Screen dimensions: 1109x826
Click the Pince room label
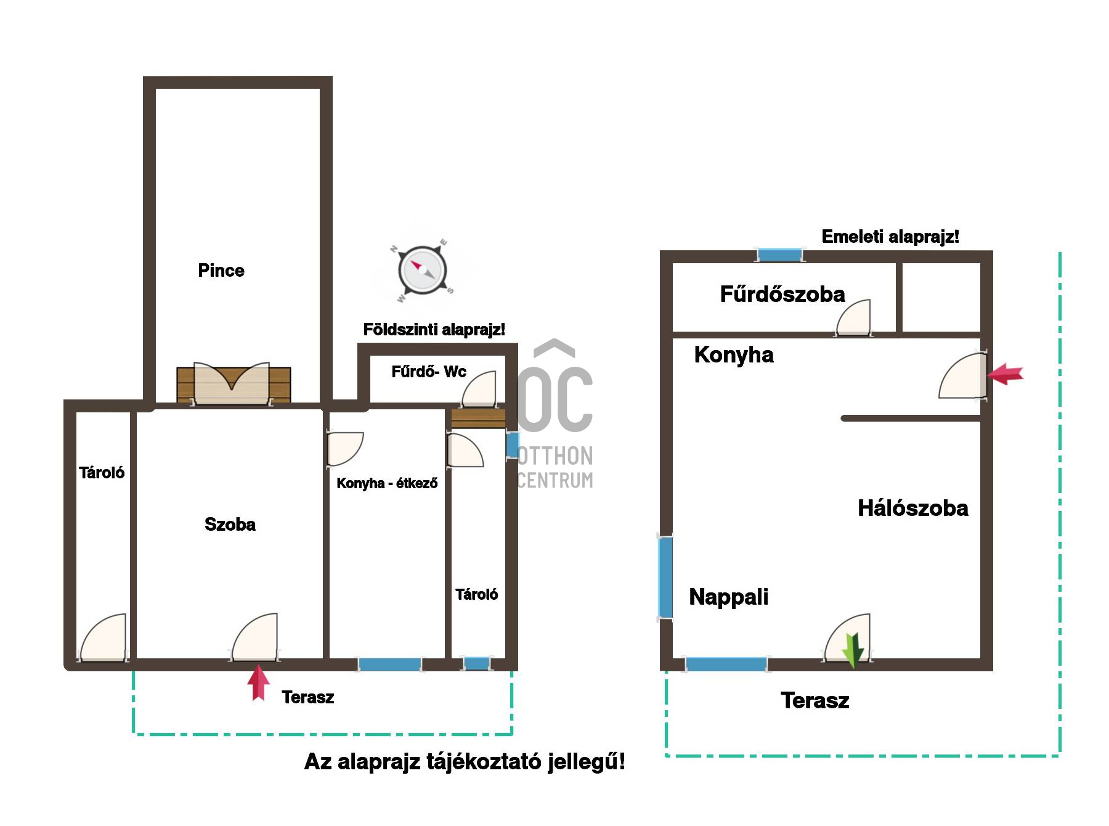pyautogui.click(x=221, y=271)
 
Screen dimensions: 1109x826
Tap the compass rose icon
pyautogui.click(x=422, y=271)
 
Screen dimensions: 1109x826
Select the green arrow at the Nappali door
pyautogui.click(x=853, y=650)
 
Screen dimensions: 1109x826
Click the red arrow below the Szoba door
pyautogui.click(x=259, y=682)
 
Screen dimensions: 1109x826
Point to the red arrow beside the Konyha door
pyautogui.click(x=1005, y=374)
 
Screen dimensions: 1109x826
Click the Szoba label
pyautogui.click(x=230, y=525)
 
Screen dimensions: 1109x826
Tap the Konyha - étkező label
pyautogui.click(x=387, y=483)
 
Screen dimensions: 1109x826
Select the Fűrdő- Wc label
pyautogui.click(x=429, y=372)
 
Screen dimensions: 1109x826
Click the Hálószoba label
pyautogui.click(x=913, y=509)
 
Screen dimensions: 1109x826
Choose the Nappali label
pyautogui.click(x=729, y=597)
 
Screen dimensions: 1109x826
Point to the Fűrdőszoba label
pyautogui.click(x=782, y=294)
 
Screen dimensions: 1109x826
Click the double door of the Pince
pyautogui.click(x=232, y=383)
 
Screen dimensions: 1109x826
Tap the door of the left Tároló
pyautogui.click(x=104, y=638)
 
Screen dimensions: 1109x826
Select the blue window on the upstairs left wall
pyautogui.click(x=665, y=577)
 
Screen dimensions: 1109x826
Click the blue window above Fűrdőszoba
pyautogui.click(x=780, y=255)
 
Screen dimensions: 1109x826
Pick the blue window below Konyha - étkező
pyautogui.click(x=390, y=664)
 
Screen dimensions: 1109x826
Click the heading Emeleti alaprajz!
pyautogui.click(x=890, y=237)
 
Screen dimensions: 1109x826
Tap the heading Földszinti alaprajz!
pyautogui.click(x=434, y=330)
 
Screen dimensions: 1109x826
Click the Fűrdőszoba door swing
pyautogui.click(x=853, y=317)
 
